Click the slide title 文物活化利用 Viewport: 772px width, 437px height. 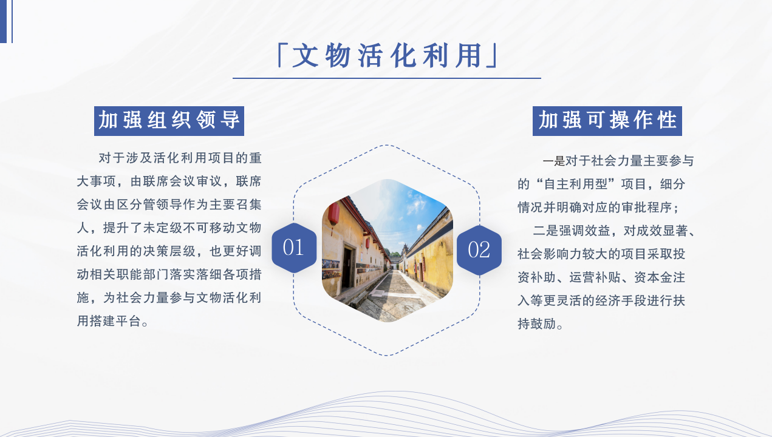[387, 56]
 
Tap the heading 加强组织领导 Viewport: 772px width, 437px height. [169, 121]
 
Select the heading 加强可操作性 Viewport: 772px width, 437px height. [607, 121]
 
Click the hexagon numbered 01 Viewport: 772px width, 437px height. [294, 248]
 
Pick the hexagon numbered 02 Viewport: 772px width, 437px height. [479, 250]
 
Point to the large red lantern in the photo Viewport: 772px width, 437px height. [333, 214]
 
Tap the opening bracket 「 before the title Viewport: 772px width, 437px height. [281, 55]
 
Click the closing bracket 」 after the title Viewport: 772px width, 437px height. [492, 55]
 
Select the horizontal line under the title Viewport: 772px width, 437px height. [387, 78]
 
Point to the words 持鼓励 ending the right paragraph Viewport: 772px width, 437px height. [536, 324]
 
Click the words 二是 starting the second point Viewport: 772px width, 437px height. [545, 231]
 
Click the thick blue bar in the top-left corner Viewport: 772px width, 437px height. [3, 21]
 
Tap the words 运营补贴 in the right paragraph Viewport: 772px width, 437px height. [595, 277]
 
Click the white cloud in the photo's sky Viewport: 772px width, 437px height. [416, 204]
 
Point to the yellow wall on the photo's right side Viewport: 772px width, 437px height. [432, 265]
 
